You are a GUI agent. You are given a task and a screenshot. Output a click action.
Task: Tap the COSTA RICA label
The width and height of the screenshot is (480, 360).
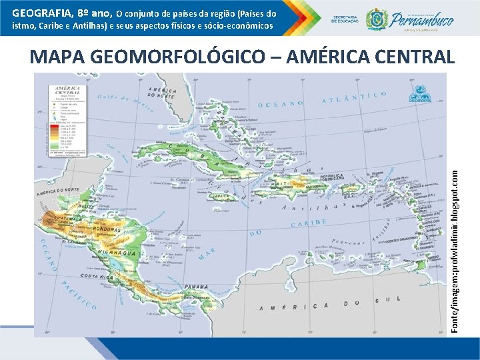point(98,276)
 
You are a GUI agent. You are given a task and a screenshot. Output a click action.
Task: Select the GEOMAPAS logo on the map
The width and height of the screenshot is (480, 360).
point(420,93)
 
